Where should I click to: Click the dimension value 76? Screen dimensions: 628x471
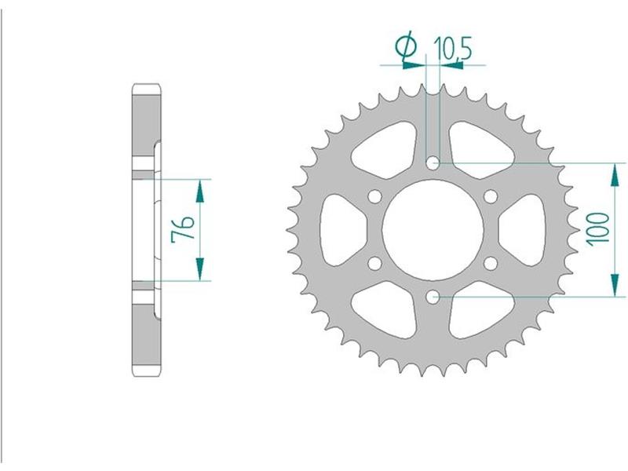183,229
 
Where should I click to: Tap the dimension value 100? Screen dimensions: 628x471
598,228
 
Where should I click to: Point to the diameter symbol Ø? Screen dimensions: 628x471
406,47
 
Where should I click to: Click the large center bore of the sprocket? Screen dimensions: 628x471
433,230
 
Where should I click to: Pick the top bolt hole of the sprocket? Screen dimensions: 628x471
433,163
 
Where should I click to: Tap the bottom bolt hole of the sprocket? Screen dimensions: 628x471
433,297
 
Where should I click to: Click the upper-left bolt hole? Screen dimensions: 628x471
375,197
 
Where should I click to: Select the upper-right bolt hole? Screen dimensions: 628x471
491,197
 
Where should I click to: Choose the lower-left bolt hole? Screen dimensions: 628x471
375,264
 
